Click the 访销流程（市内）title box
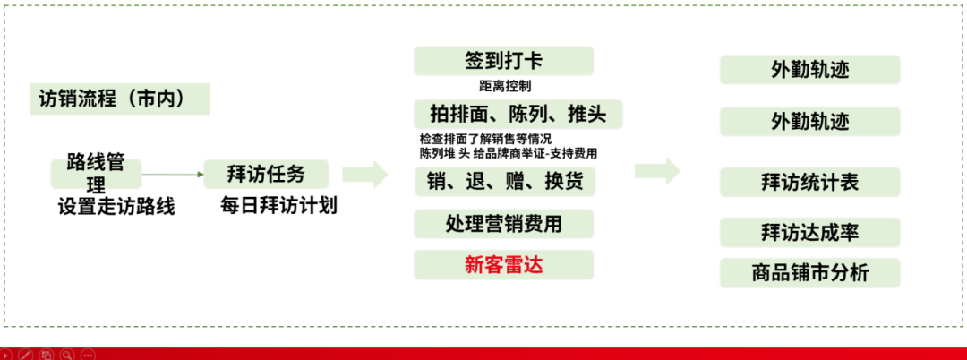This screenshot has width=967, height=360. [x=121, y=99]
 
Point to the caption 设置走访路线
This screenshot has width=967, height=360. [x=116, y=206]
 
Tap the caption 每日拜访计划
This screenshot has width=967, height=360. [x=279, y=205]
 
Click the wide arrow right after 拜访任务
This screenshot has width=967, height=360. [x=368, y=174]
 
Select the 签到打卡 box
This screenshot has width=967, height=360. [x=503, y=61]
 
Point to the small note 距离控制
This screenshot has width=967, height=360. [x=505, y=87]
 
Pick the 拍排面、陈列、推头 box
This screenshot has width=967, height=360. [x=518, y=114]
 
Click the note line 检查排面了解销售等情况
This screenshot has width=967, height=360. [x=485, y=139]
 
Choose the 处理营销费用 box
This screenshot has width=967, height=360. [x=504, y=223]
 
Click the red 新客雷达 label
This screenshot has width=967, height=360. [x=504, y=264]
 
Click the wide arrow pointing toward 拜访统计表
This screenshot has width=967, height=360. [x=657, y=171]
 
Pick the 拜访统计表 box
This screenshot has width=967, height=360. [x=809, y=182]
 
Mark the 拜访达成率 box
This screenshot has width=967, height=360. [x=809, y=232]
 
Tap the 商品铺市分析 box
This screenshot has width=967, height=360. [x=809, y=272]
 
